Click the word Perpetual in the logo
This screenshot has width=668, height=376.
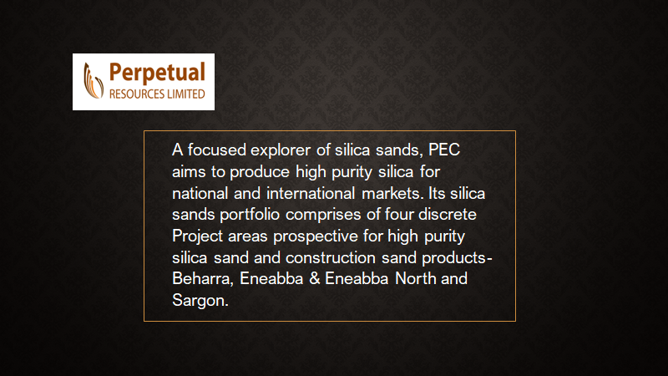point(157,73)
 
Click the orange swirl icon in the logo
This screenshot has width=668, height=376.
point(94,80)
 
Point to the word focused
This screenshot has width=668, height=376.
point(217,150)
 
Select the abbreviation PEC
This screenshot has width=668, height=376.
point(444,150)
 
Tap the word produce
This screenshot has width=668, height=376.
point(260,172)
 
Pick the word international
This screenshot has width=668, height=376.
point(311,194)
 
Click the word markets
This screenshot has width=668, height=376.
point(391,194)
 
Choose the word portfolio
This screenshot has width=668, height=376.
point(250,215)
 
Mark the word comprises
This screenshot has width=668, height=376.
point(323,216)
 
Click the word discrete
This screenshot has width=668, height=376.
point(448,215)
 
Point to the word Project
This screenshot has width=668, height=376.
point(198,236)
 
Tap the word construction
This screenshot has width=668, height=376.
point(331,258)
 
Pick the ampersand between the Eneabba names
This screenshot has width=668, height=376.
point(315,279)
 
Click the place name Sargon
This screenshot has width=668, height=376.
point(200,301)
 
